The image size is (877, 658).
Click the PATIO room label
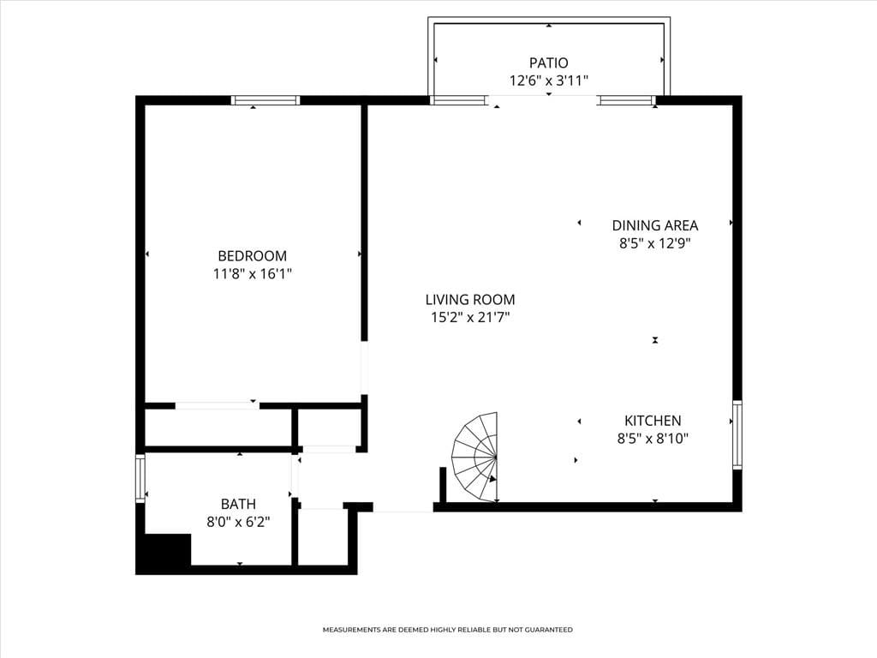pyautogui.click(x=548, y=63)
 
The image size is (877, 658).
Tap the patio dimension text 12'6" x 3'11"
pyautogui.click(x=548, y=81)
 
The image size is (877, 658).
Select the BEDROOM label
pyautogui.click(x=252, y=255)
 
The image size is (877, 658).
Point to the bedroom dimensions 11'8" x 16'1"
pyautogui.click(x=252, y=274)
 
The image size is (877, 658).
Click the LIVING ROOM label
pyautogui.click(x=470, y=300)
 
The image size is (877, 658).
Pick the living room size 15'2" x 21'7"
pyautogui.click(x=470, y=318)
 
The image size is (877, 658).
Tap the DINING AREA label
pyautogui.click(x=654, y=225)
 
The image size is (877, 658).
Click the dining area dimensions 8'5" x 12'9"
pyautogui.click(x=654, y=243)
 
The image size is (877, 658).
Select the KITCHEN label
pyautogui.click(x=653, y=421)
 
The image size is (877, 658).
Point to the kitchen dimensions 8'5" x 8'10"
pyautogui.click(x=653, y=439)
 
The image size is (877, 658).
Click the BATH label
pyautogui.click(x=237, y=505)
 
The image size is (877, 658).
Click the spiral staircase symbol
pyautogui.click(x=477, y=458)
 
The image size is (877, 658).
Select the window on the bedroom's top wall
pyautogui.click(x=265, y=100)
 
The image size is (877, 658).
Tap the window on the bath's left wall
pyautogui.click(x=140, y=479)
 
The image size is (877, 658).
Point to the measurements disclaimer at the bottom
pyautogui.click(x=447, y=630)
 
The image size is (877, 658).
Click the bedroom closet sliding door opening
pyautogui.click(x=217, y=405)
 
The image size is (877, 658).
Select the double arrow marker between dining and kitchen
pyautogui.click(x=655, y=340)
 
